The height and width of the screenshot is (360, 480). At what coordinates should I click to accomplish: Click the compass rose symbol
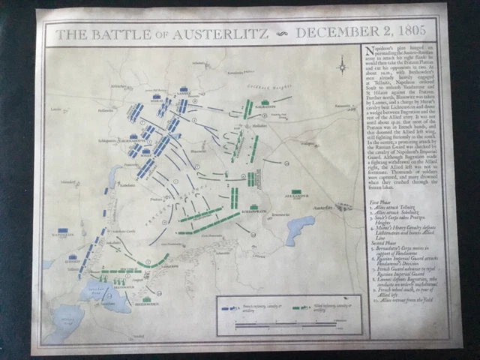point(343,67)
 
